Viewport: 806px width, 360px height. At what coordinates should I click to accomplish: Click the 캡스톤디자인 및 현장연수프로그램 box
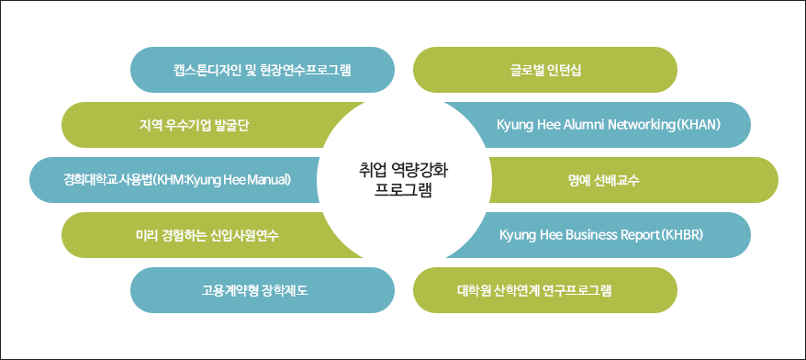click(x=263, y=70)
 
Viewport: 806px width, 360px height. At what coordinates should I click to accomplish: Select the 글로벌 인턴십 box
click(x=545, y=70)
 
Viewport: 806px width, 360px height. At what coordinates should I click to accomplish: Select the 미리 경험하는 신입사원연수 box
click(x=201, y=235)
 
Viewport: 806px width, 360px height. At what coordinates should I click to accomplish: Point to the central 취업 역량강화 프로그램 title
click(x=403, y=180)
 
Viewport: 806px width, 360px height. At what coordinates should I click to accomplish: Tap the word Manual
click(x=267, y=180)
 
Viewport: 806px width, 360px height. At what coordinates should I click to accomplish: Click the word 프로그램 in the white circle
click(x=403, y=190)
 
